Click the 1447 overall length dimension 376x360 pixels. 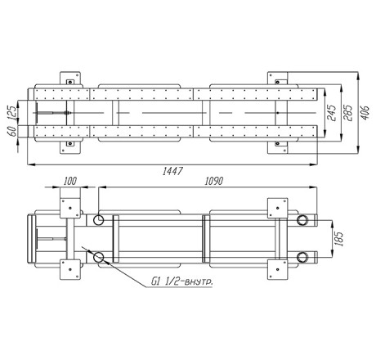click(x=172, y=171)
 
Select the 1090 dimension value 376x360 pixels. click(x=214, y=181)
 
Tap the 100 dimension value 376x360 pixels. click(x=70, y=181)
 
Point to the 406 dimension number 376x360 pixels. click(x=365, y=112)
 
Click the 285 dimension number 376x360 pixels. click(x=348, y=112)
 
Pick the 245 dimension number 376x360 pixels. click(x=332, y=112)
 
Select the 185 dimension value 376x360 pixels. click(x=338, y=239)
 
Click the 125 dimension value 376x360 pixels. click(x=11, y=112)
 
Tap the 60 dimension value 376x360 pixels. click(x=11, y=131)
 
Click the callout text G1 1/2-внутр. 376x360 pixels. click(x=181, y=281)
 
